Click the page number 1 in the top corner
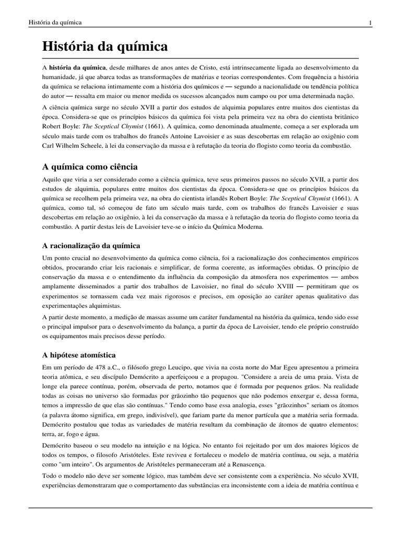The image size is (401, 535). point(370,22)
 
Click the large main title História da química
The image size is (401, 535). point(105,46)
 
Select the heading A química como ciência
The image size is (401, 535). point(90,167)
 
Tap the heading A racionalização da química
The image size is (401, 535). point(91,245)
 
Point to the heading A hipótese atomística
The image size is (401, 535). point(79,340)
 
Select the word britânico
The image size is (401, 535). point(343,116)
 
